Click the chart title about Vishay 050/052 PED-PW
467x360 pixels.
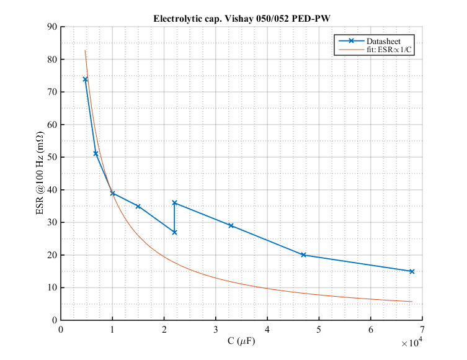point(242,19)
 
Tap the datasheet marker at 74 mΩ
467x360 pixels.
point(86,79)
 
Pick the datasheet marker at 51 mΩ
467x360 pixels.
point(96,153)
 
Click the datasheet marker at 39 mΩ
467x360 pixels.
point(112,193)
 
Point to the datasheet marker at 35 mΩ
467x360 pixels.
point(138,206)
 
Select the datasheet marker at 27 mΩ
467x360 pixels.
point(174,232)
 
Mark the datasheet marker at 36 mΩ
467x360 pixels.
point(174,203)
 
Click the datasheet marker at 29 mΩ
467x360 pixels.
point(231,225)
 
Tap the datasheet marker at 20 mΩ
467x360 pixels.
point(303,254)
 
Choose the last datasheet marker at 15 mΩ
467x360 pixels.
point(412,271)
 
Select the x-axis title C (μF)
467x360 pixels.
point(241,340)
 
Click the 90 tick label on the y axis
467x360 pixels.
point(51,27)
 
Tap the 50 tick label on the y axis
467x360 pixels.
point(51,157)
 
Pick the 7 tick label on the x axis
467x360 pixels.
point(422,329)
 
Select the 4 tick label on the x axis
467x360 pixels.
point(267,329)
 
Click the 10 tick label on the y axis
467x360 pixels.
point(51,287)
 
